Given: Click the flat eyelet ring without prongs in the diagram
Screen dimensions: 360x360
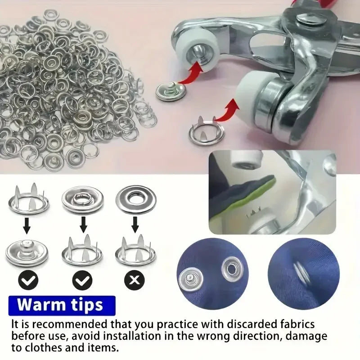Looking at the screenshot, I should (135, 198).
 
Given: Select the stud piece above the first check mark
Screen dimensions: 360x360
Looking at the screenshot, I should (27, 251).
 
